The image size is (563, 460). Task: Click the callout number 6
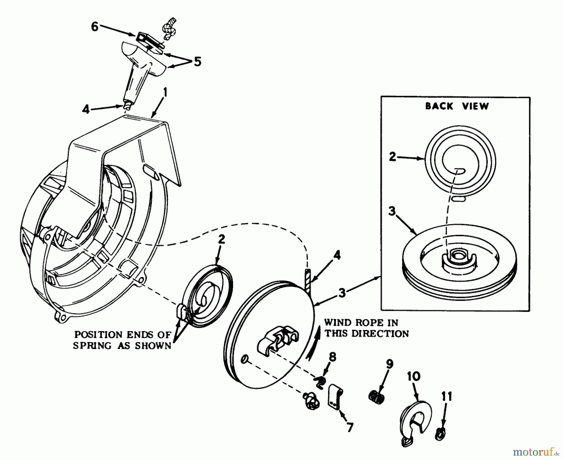tap(95, 27)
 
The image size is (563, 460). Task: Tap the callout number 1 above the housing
tap(165, 93)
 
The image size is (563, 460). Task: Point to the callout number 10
tap(413, 377)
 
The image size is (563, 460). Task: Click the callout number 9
tap(389, 364)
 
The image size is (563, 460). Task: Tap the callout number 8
tap(332, 357)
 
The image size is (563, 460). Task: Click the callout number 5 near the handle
tap(197, 62)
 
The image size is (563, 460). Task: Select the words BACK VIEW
tap(456, 106)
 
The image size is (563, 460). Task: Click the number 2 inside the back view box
tap(392, 157)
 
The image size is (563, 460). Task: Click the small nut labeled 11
tap(440, 434)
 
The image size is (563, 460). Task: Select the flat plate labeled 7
tap(336, 397)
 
